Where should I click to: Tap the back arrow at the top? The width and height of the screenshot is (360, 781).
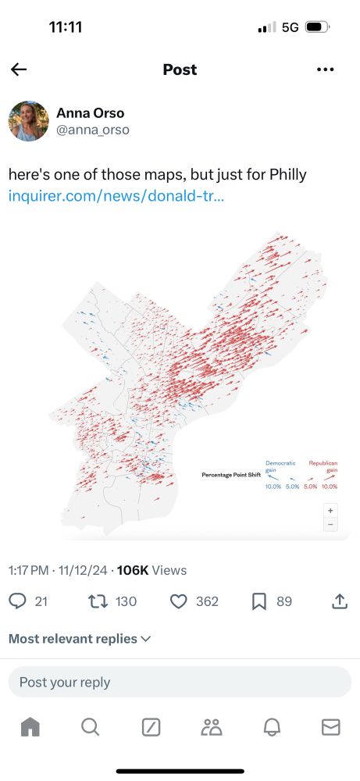19,70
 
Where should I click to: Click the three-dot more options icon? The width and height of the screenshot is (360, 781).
326,70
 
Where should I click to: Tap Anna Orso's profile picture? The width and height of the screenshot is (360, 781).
29,121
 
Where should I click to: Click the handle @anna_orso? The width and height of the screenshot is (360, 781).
93,130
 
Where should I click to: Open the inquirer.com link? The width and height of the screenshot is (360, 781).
116,195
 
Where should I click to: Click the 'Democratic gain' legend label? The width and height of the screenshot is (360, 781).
280,466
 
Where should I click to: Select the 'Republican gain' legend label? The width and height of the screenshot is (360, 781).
323,466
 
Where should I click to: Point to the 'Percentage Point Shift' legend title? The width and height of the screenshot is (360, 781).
229,475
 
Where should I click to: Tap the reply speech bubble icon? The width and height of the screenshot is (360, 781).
17,601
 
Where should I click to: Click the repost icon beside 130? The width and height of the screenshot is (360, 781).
98,601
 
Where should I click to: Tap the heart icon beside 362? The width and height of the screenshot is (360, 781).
179,601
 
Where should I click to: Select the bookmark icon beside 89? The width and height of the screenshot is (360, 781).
259,601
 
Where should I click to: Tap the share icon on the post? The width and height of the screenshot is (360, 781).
340,601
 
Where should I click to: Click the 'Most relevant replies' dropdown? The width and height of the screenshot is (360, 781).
80,639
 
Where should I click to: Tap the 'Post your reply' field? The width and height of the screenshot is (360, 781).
180,682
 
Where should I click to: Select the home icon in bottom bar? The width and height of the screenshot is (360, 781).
30,727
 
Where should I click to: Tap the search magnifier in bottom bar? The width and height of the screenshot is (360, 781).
90,727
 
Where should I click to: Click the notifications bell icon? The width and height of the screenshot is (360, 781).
271,727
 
